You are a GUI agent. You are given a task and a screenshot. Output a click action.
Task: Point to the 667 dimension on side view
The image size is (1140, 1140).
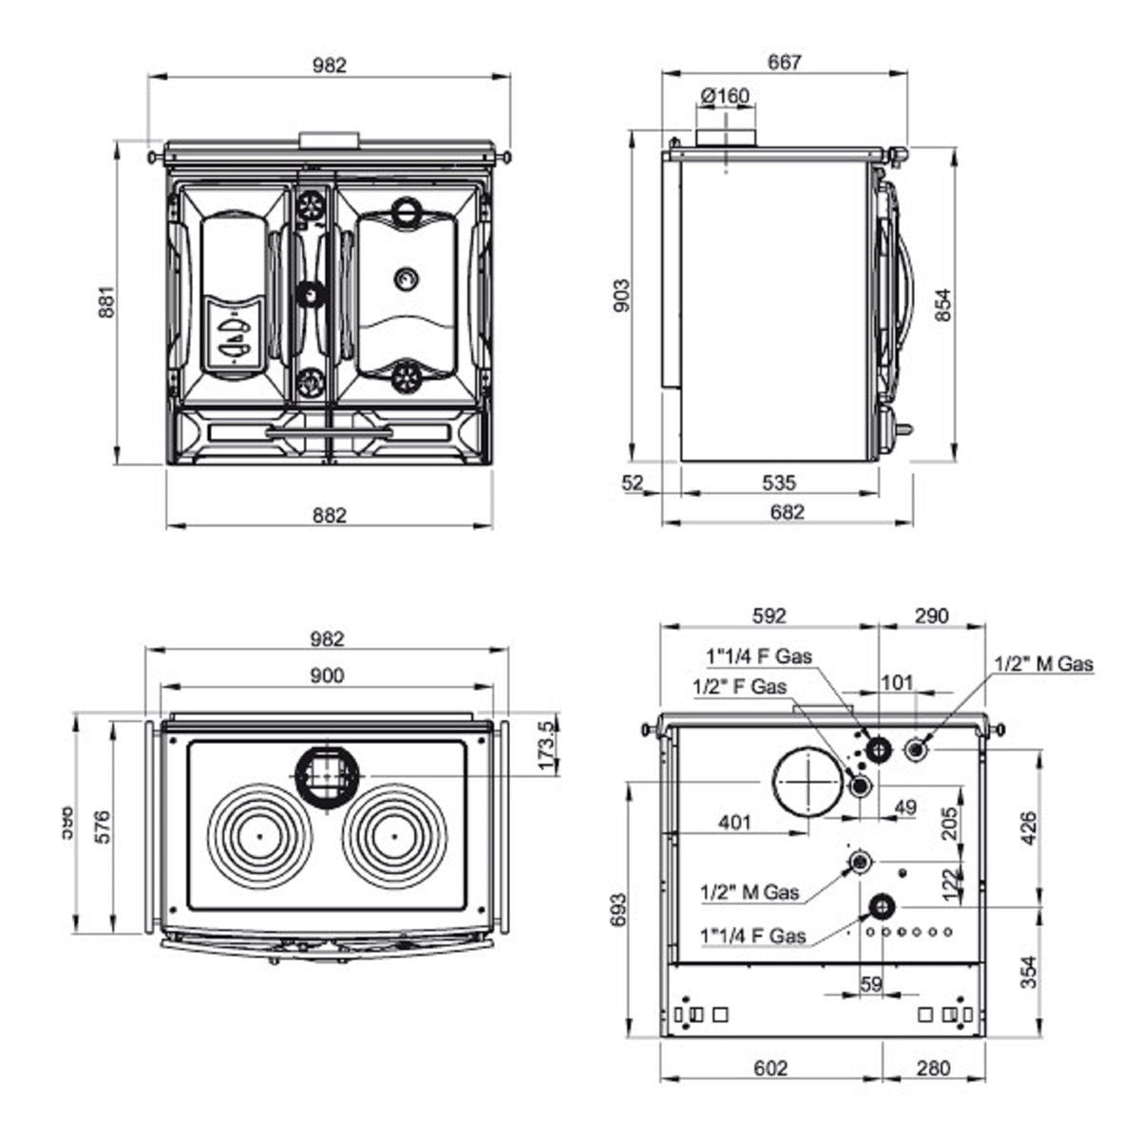[785, 63]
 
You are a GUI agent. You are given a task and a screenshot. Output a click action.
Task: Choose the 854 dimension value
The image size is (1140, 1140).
[941, 304]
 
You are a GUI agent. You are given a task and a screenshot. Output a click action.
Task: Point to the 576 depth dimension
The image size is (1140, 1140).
[103, 827]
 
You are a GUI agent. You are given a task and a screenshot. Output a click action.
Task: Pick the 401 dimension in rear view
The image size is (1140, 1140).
[734, 822]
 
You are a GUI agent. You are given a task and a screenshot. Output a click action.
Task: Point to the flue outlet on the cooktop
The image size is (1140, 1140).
[328, 774]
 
